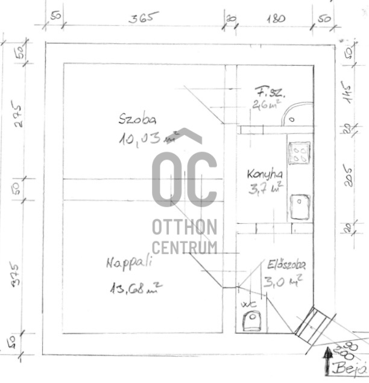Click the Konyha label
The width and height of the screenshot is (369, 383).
[264, 174]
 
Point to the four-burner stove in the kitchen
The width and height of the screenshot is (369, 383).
[299, 153]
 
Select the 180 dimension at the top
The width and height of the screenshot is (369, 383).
[274, 17]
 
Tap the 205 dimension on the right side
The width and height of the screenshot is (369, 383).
[350, 175]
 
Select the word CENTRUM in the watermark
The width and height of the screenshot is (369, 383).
[184, 247]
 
